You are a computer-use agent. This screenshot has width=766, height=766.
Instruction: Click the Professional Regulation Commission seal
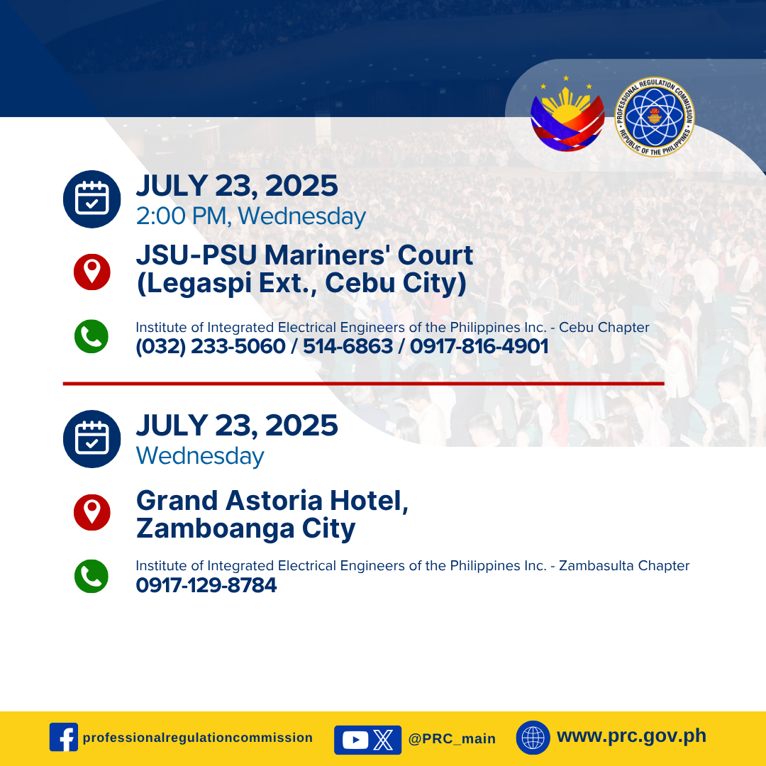(x=654, y=117)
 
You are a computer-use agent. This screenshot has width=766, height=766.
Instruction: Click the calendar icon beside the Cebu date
(x=91, y=199)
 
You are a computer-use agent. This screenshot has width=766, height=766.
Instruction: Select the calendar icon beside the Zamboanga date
(x=91, y=439)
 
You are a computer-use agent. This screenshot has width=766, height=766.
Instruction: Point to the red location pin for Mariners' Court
(x=91, y=272)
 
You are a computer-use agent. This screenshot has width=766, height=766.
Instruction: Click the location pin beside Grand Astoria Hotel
(x=91, y=512)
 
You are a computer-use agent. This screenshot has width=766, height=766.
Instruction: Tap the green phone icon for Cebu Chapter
(x=91, y=337)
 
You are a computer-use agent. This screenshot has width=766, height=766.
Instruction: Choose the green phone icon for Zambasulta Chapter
(x=91, y=577)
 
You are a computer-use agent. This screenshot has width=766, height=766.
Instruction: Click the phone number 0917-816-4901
(x=479, y=346)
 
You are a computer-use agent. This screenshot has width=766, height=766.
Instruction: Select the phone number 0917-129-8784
(x=206, y=584)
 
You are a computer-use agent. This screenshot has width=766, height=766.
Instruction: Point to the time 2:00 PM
(x=182, y=216)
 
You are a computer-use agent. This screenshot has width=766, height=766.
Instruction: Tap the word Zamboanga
(x=216, y=528)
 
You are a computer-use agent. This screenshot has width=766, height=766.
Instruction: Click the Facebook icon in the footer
(x=64, y=737)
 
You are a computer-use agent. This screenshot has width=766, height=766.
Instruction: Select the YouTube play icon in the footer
(x=355, y=740)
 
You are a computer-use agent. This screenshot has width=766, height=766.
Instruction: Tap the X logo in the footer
(x=384, y=740)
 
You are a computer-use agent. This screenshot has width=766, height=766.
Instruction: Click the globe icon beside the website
(x=533, y=738)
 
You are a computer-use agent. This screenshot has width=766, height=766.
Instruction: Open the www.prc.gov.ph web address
(x=632, y=736)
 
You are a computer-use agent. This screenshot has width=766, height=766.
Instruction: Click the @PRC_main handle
(x=452, y=738)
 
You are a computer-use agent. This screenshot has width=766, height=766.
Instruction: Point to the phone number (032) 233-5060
(x=211, y=346)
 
